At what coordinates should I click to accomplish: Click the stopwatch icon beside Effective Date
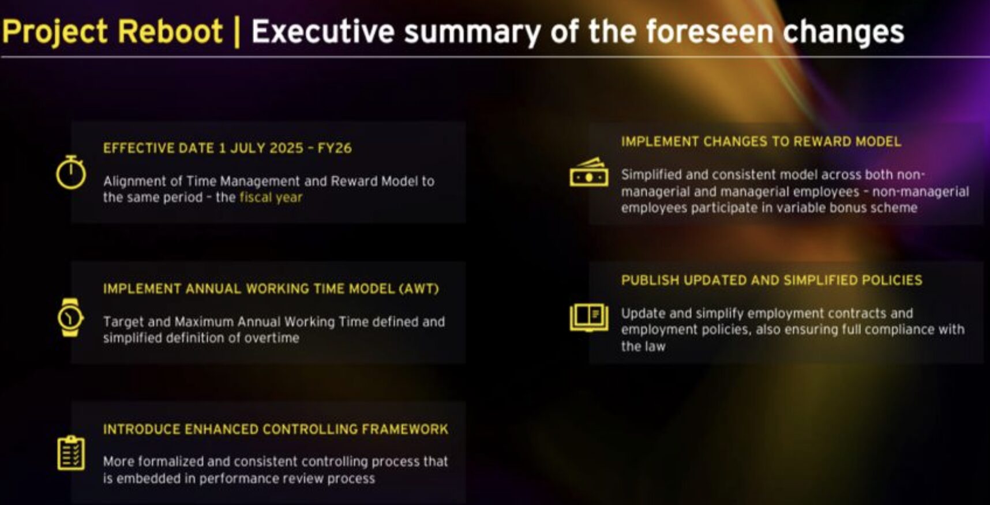pyautogui.click(x=70, y=172)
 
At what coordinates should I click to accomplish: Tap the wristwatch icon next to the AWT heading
pyautogui.click(x=70, y=317)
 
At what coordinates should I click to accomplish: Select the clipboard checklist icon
pyautogui.click(x=71, y=453)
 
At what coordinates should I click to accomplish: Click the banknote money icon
pyautogui.click(x=588, y=172)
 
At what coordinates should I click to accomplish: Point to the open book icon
pyautogui.click(x=588, y=318)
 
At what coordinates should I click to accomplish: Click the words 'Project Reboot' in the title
pyautogui.click(x=112, y=32)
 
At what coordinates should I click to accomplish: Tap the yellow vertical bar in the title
pyautogui.click(x=237, y=32)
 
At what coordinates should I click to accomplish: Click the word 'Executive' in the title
pyautogui.click(x=323, y=31)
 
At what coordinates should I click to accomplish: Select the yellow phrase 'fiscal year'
pyautogui.click(x=271, y=197)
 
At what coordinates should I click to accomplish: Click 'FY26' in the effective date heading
pyautogui.click(x=335, y=148)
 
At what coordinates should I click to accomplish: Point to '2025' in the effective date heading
pyautogui.click(x=286, y=148)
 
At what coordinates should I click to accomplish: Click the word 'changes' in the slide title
pyautogui.click(x=843, y=32)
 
